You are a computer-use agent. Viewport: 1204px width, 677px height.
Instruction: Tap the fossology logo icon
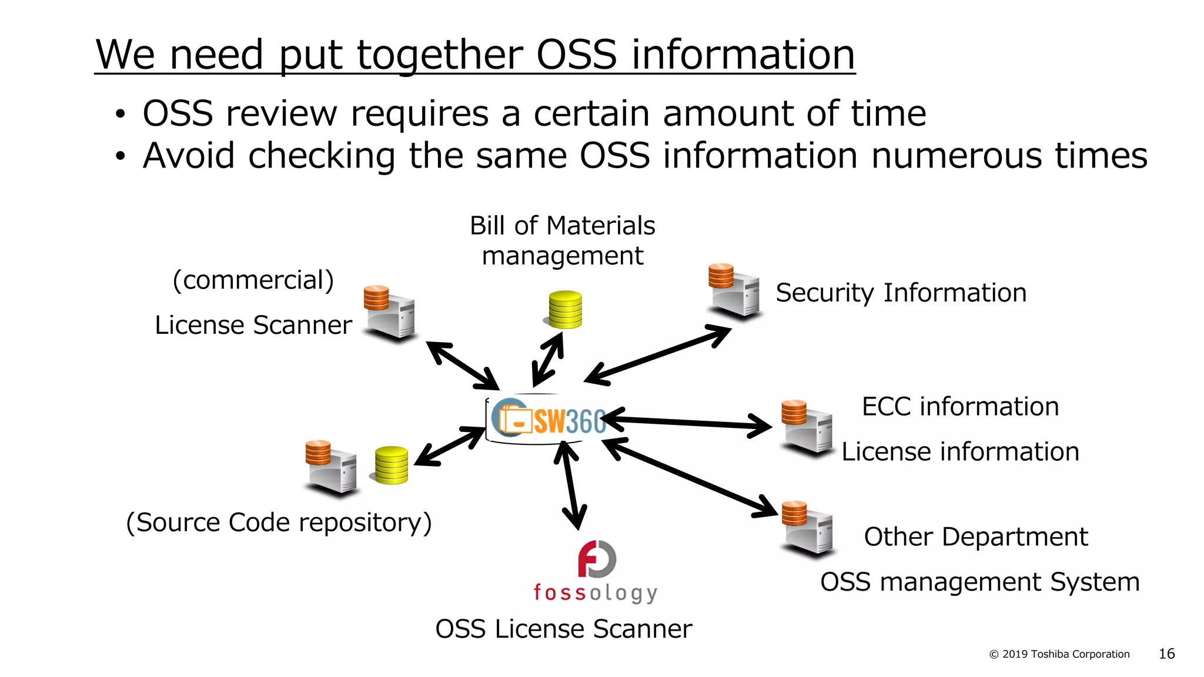(x=597, y=559)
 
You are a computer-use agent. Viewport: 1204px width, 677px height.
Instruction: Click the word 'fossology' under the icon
(x=595, y=592)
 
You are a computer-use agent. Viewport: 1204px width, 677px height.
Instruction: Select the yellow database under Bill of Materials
(x=565, y=309)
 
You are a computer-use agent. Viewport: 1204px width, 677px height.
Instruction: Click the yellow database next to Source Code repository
(x=391, y=465)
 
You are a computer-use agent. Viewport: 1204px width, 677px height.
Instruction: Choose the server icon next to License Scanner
(x=389, y=313)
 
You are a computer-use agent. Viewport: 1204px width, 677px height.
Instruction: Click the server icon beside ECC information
(x=807, y=428)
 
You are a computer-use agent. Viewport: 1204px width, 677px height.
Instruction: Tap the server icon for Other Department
(x=807, y=528)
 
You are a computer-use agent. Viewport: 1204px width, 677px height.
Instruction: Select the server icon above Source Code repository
(x=332, y=468)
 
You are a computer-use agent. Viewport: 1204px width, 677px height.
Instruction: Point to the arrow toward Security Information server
(x=658, y=356)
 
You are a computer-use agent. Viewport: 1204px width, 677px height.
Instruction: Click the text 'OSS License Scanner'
(x=563, y=629)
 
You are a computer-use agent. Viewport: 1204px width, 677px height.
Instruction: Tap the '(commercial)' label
(x=253, y=280)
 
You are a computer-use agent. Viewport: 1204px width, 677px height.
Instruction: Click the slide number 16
(x=1166, y=653)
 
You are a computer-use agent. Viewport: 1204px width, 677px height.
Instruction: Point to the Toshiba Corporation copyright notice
(x=1059, y=654)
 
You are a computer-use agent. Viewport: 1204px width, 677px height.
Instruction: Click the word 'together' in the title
(x=440, y=55)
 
